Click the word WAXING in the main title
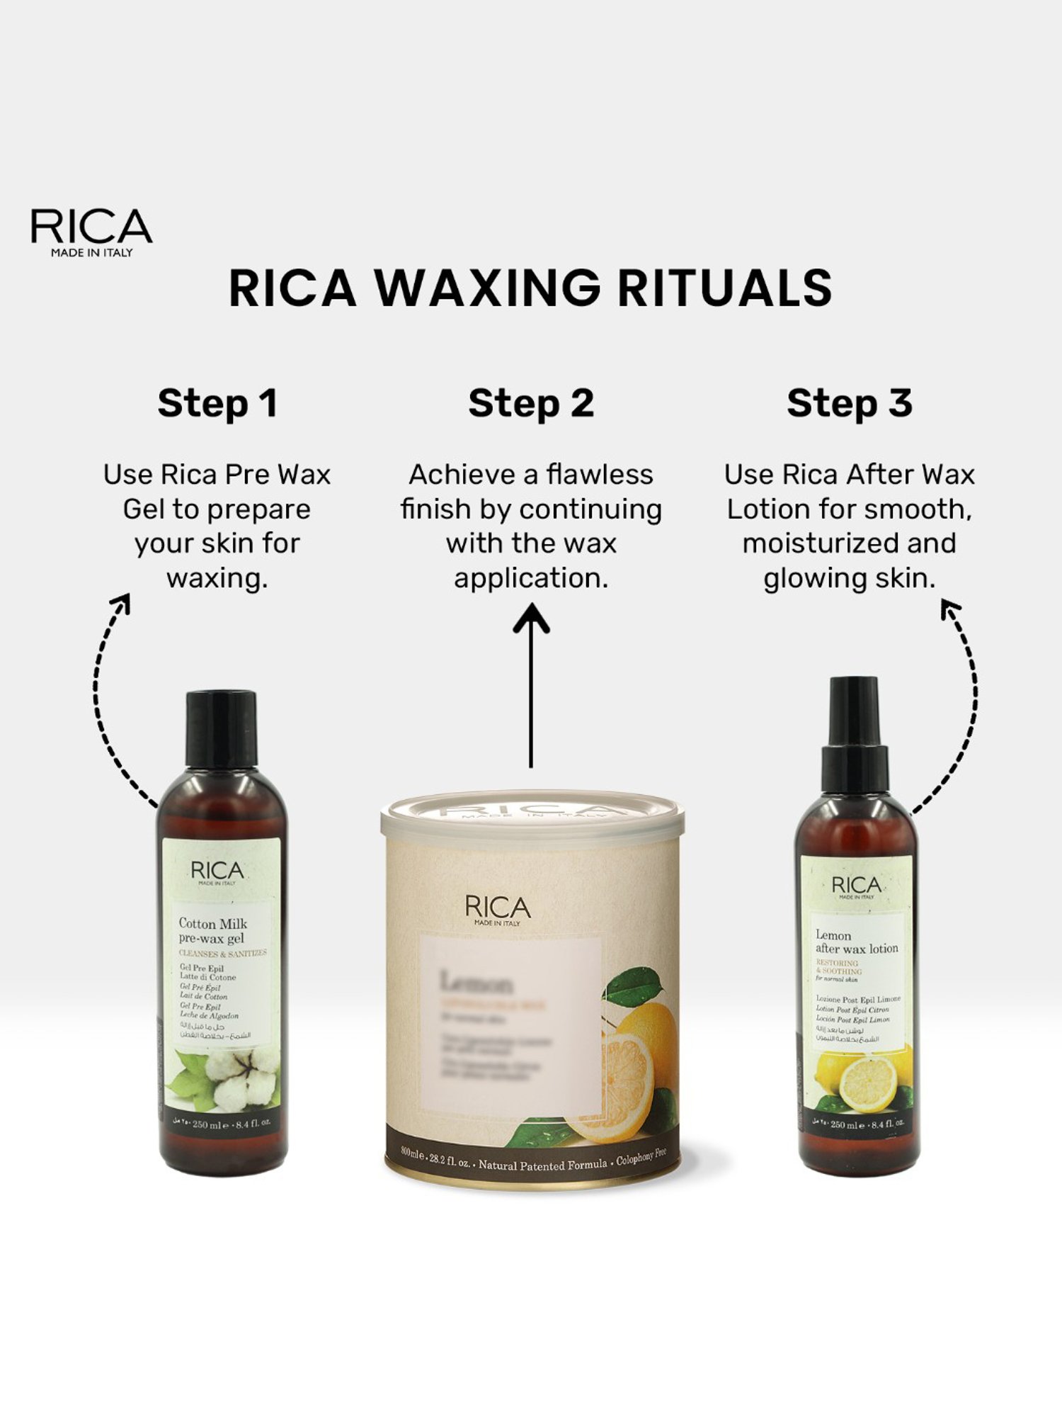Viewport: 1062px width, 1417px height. (x=487, y=288)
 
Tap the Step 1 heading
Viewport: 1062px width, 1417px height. (x=217, y=404)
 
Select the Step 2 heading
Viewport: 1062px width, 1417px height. (x=531, y=404)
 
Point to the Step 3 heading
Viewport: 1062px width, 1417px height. (x=850, y=404)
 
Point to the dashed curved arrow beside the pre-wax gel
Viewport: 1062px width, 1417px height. (x=106, y=701)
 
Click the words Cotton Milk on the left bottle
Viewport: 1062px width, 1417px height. (x=212, y=923)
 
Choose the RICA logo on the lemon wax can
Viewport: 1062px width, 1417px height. (x=498, y=909)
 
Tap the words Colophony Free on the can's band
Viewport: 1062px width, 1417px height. (x=641, y=1160)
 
